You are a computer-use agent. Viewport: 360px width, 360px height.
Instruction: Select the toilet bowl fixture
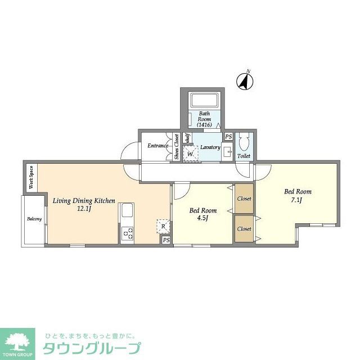(244, 141)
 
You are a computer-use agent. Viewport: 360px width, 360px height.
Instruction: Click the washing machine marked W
(191, 153)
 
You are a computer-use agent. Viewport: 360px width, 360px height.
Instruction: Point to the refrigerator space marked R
(163, 226)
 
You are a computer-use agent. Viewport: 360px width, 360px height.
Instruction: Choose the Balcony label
(34, 219)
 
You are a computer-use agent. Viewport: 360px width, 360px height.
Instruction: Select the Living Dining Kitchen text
(84, 200)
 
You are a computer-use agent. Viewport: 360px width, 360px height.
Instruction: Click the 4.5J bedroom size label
(202, 219)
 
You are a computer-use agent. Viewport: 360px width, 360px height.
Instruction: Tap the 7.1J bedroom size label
(297, 200)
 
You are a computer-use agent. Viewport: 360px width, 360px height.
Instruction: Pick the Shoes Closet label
(177, 147)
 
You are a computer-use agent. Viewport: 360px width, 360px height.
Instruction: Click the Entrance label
(158, 146)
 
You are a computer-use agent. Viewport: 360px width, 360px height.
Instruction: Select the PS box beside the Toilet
(228, 137)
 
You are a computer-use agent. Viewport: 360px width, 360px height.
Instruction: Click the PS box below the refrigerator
(166, 240)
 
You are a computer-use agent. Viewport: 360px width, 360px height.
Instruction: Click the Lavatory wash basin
(227, 152)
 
